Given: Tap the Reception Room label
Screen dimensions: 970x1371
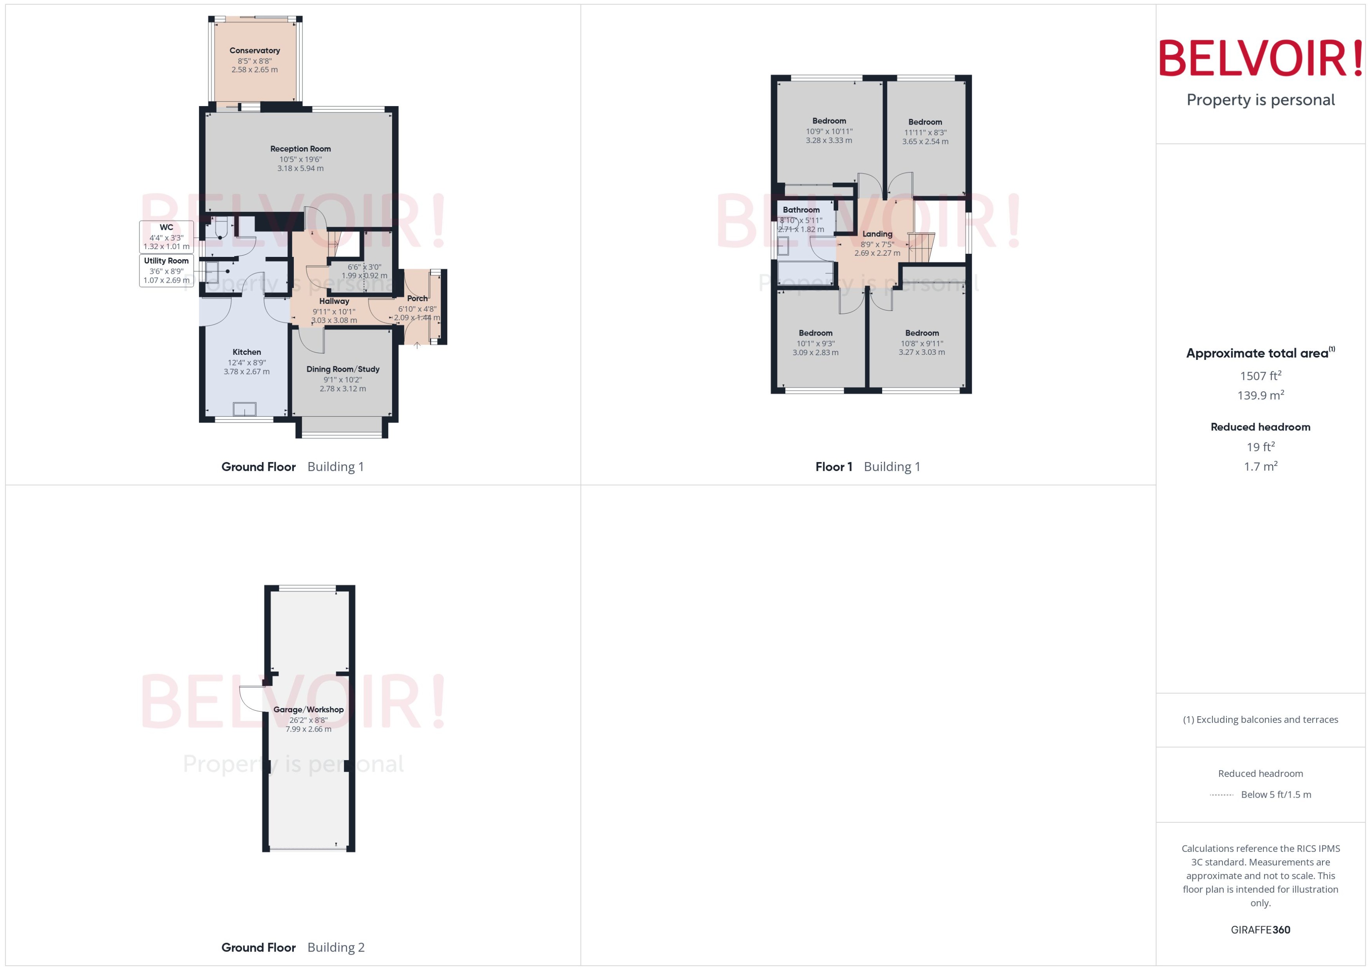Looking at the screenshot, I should (x=300, y=149).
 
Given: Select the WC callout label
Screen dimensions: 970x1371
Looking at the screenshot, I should (x=166, y=228).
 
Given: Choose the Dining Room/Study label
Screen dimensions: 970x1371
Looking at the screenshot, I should (x=343, y=369).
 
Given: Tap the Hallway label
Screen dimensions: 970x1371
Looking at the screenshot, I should (x=334, y=302).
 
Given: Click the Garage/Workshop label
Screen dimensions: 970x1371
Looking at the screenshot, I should (x=308, y=710).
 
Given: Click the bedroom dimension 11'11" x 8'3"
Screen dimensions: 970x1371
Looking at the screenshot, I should (x=925, y=133).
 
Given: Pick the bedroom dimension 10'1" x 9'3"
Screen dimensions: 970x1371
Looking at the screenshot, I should (x=816, y=343).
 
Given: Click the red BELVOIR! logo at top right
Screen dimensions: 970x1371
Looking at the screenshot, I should (x=1261, y=58).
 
